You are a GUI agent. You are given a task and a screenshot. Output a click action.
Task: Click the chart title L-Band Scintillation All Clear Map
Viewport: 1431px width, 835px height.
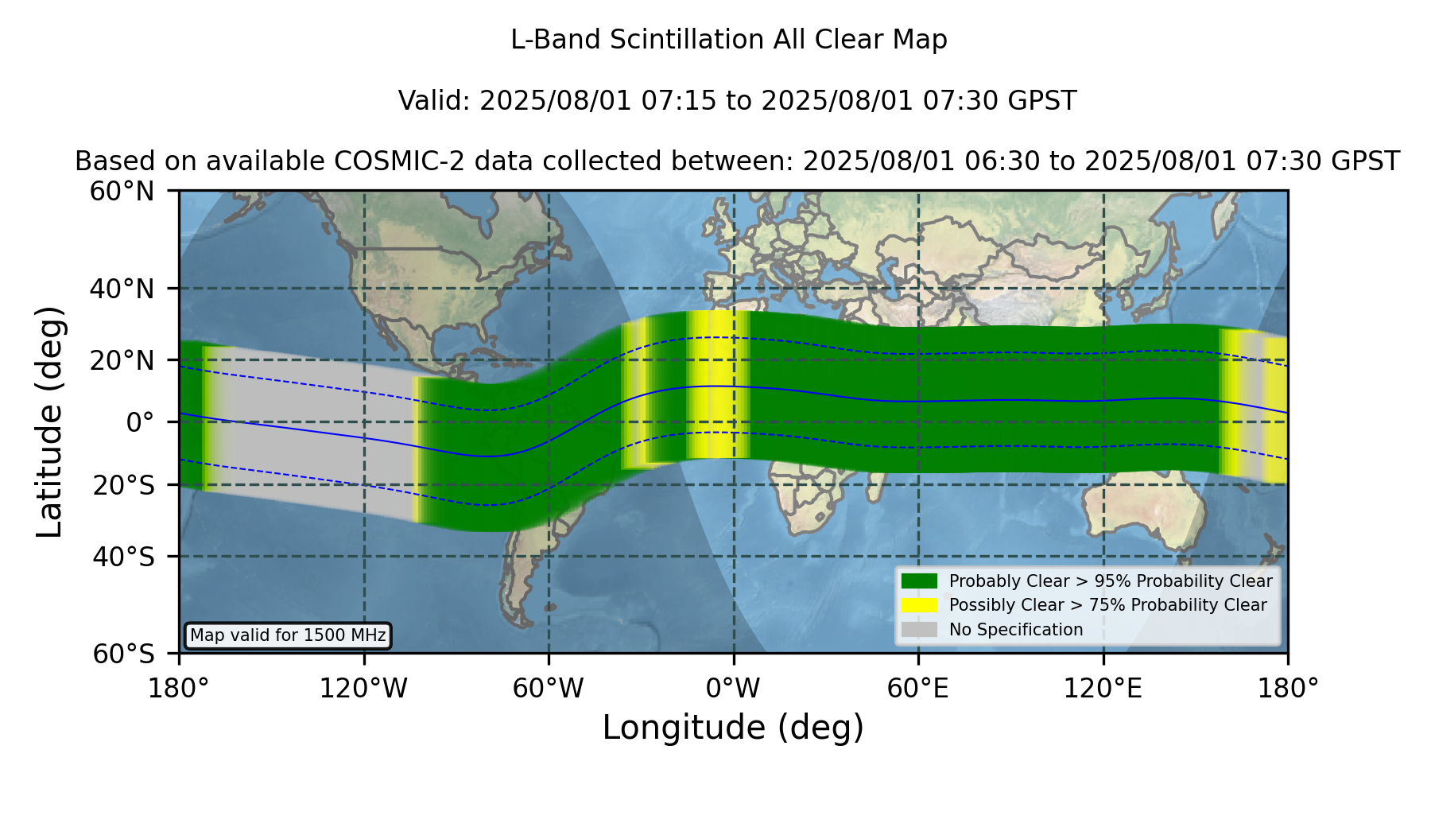(728, 40)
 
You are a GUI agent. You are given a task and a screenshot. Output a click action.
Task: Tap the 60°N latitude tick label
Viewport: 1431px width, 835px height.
(122, 192)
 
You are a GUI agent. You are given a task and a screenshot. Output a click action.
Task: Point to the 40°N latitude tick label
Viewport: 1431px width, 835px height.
(122, 289)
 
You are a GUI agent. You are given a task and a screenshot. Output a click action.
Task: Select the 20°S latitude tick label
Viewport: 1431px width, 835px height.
(124, 485)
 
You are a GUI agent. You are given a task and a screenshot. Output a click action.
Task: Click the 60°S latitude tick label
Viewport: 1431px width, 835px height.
(124, 654)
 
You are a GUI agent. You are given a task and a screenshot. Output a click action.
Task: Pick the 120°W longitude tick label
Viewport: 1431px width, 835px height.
(363, 688)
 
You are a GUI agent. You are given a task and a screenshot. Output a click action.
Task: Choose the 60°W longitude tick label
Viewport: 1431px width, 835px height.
(549, 688)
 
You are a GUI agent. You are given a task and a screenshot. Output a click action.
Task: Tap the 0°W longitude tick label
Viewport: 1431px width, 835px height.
(733, 688)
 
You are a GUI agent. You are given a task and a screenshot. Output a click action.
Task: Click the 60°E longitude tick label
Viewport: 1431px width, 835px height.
(918, 688)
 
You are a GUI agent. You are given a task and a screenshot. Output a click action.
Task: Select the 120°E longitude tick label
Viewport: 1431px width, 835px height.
(1103, 688)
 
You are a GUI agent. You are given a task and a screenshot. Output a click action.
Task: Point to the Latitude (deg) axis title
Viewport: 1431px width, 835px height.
(49, 421)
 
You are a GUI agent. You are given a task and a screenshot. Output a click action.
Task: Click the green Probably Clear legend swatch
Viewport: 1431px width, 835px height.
(919, 581)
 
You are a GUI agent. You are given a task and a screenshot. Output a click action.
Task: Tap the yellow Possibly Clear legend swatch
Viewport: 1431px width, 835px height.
(919, 605)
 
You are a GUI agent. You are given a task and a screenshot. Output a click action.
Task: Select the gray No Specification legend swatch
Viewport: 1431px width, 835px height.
(919, 630)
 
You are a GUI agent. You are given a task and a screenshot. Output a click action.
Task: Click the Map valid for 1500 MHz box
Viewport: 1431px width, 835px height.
(288, 635)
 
